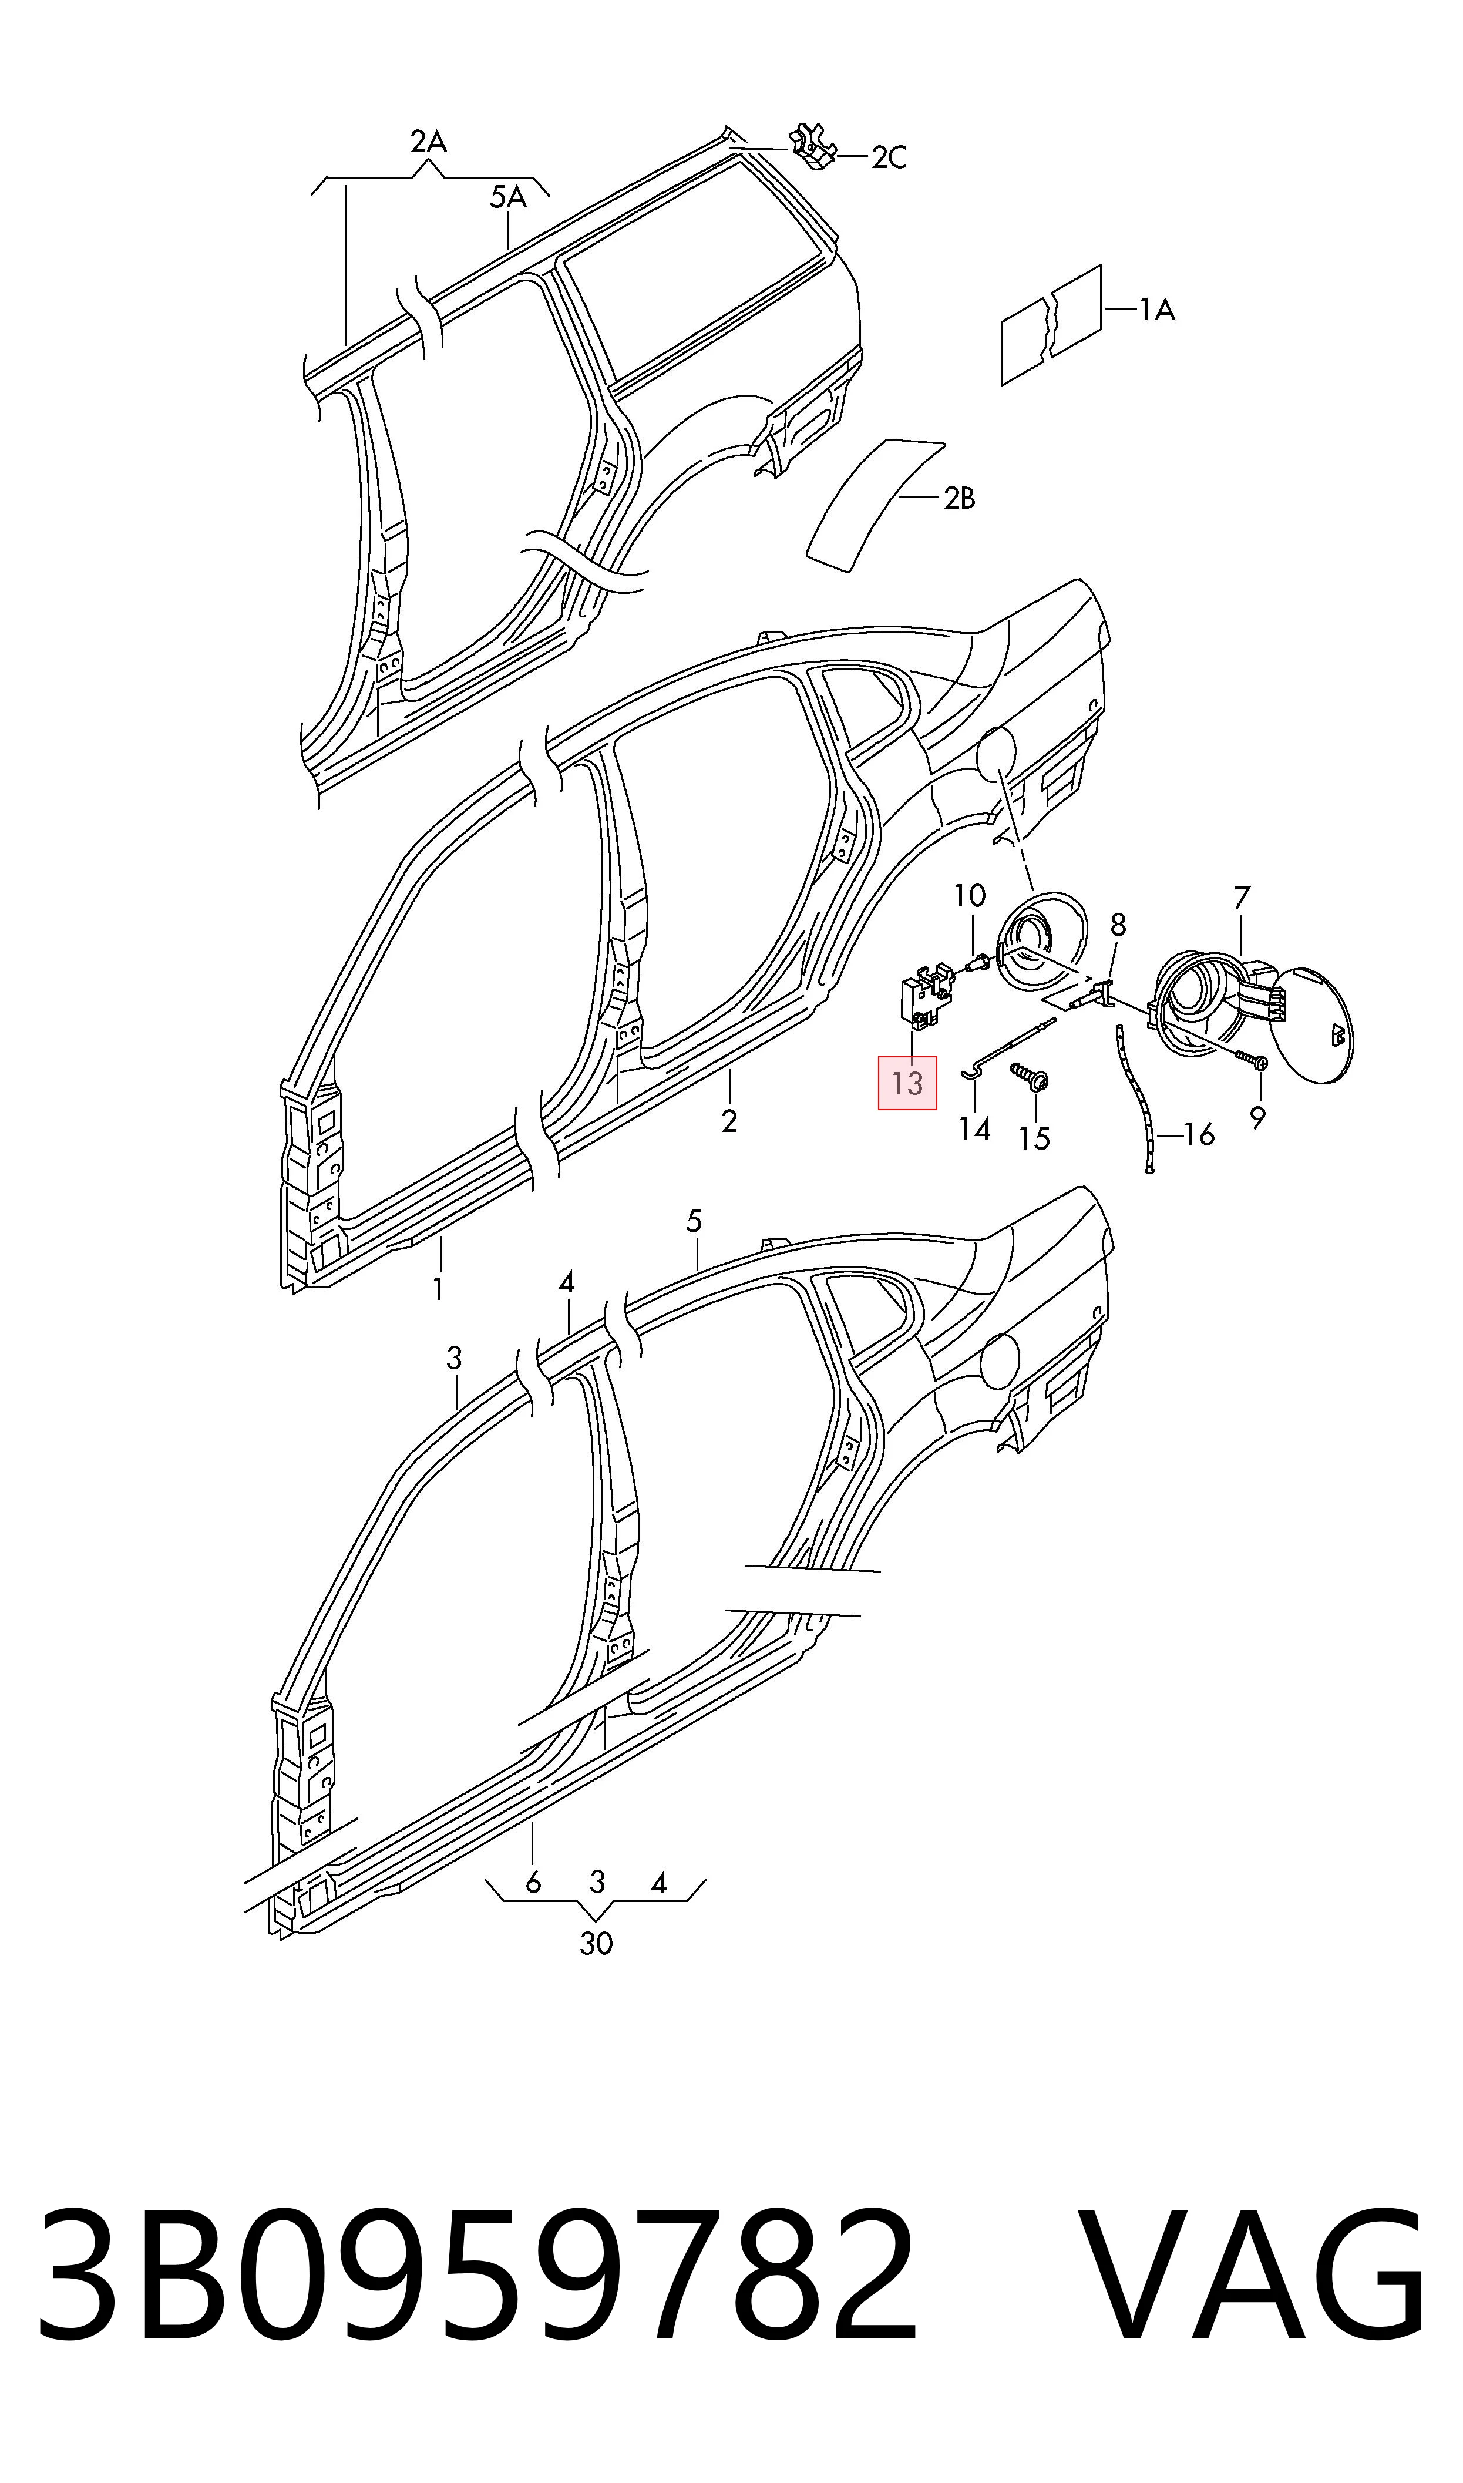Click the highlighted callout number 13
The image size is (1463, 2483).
[907, 1083]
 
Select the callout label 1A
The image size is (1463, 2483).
[1158, 311]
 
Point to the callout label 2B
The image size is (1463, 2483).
[959, 499]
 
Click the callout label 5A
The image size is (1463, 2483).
[509, 198]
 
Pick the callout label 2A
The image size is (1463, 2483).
[429, 143]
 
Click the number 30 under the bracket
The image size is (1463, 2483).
[597, 1944]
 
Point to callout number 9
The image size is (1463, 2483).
[1257, 1119]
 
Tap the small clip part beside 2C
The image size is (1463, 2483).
[814, 146]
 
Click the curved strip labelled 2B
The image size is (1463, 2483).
[876, 503]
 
